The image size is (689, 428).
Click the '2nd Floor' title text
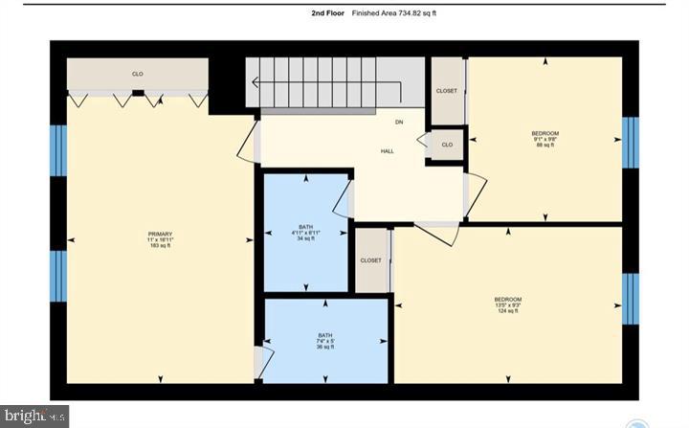(330, 13)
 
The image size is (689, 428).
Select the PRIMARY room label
(160, 235)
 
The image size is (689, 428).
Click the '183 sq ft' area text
(160, 246)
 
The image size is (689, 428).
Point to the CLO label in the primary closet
(138, 74)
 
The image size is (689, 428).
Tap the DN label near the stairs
(399, 123)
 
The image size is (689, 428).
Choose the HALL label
(388, 150)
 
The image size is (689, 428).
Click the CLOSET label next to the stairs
(446, 91)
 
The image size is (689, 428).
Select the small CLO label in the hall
(446, 145)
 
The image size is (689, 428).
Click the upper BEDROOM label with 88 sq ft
(545, 133)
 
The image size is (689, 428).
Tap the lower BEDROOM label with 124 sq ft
(507, 299)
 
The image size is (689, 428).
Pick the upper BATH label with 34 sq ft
(305, 228)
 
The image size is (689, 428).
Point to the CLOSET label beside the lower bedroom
(370, 260)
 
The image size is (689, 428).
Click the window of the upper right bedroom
(630, 143)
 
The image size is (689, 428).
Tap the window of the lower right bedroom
(630, 299)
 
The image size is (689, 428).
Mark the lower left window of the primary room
(58, 276)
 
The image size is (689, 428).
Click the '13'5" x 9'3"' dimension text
(507, 304)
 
